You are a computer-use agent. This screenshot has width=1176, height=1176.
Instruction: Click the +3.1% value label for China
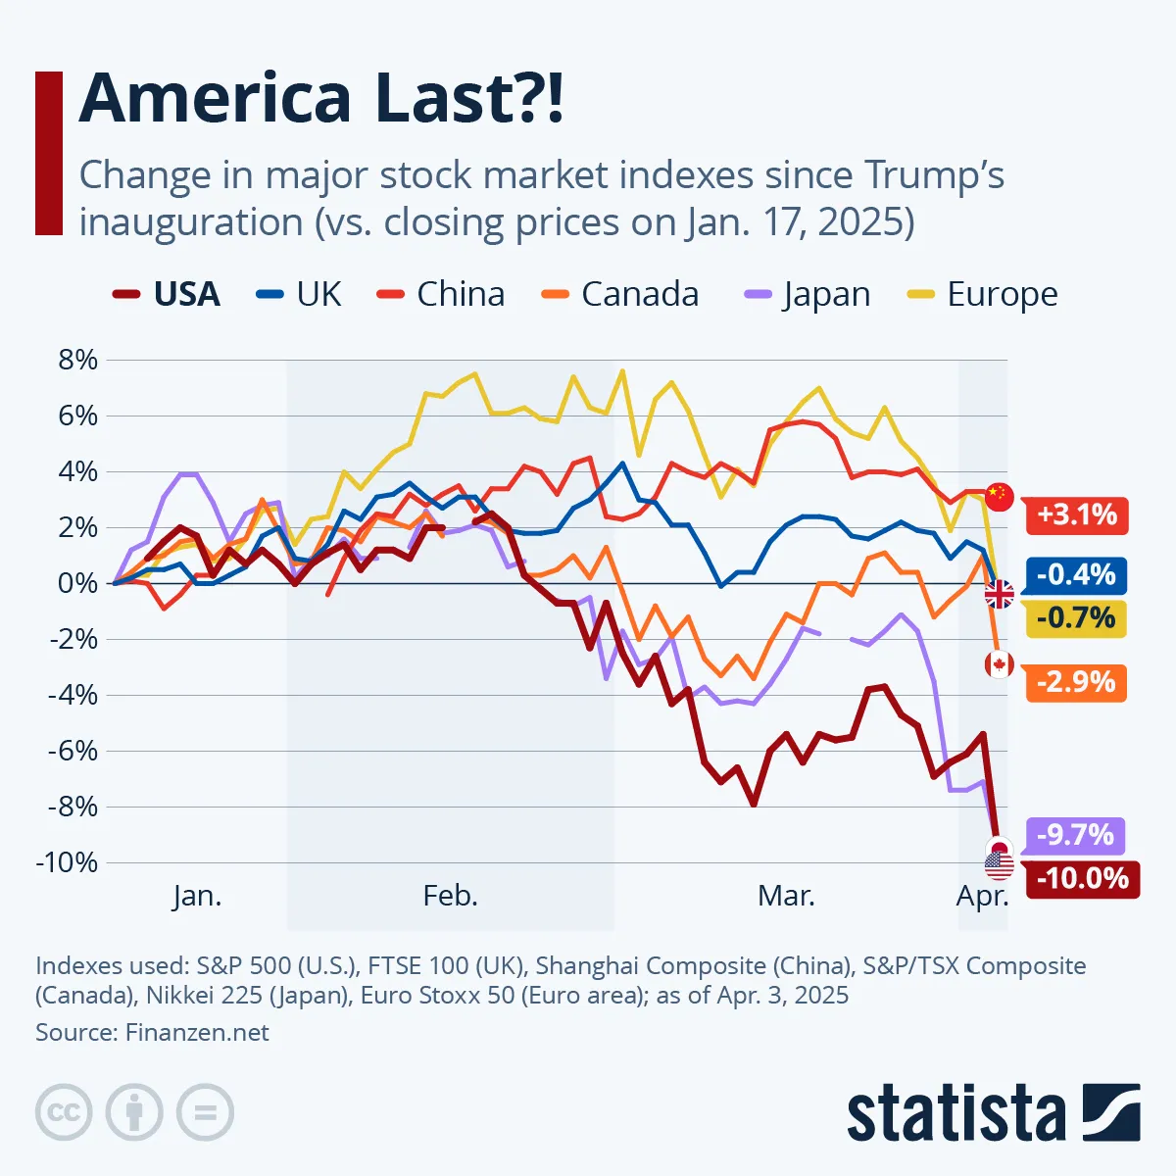pos(1076,514)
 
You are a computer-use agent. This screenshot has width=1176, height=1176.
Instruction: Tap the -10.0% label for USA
pos(1082,878)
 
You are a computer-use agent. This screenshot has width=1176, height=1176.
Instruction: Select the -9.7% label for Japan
pos(1075,835)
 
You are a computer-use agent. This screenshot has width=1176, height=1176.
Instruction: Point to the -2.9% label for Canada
pos(1075,682)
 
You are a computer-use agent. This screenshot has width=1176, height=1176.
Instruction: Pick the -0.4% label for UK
pos(1075,574)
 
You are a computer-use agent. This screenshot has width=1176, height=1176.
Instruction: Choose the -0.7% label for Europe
pos(1075,618)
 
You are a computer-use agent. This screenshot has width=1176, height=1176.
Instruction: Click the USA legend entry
pos(168,294)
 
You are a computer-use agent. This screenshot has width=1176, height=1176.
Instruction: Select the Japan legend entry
pos(808,294)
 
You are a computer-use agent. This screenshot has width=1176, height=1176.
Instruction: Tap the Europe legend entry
pos(983,294)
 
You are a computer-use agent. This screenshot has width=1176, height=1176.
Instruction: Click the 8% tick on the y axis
pos(78,360)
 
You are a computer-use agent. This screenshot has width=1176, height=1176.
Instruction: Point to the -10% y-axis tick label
pos(66,862)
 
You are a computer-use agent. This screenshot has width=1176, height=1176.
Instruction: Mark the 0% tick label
pos(78,583)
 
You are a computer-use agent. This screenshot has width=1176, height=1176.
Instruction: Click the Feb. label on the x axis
pos(451,896)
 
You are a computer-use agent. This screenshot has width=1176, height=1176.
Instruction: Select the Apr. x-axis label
pos(982,896)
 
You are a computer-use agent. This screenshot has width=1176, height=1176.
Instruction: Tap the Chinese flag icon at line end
pos(999,496)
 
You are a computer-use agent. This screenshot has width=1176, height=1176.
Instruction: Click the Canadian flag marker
pos(999,665)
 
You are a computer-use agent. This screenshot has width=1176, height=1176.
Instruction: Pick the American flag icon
pos(1000,865)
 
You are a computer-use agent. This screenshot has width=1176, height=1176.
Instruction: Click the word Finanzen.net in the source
pos(197,1032)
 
